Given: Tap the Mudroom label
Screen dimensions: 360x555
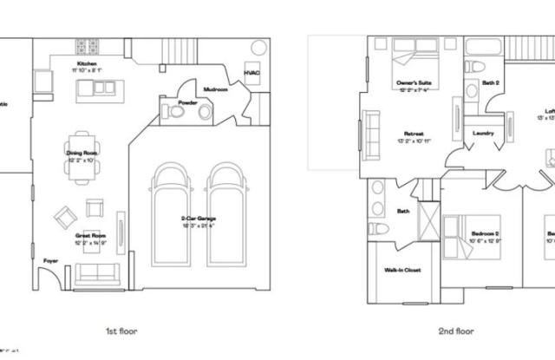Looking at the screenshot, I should tap(215, 89).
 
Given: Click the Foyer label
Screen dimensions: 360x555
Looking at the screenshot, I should tap(51, 258).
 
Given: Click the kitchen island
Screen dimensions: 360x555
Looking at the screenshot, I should tap(95, 88).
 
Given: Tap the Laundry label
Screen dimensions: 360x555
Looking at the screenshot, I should tap(482, 133).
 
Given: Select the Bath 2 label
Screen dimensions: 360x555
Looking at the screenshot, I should tap(491, 83).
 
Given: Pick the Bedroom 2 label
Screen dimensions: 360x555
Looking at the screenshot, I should tap(485, 233).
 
